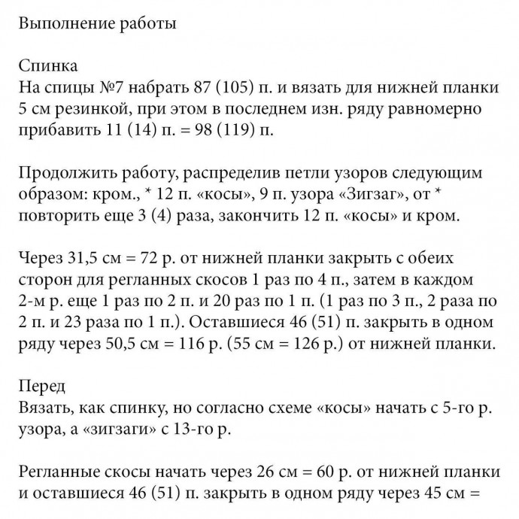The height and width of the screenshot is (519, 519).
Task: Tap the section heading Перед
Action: (x=41, y=387)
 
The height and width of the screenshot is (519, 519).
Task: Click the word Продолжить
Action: (x=62, y=174)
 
